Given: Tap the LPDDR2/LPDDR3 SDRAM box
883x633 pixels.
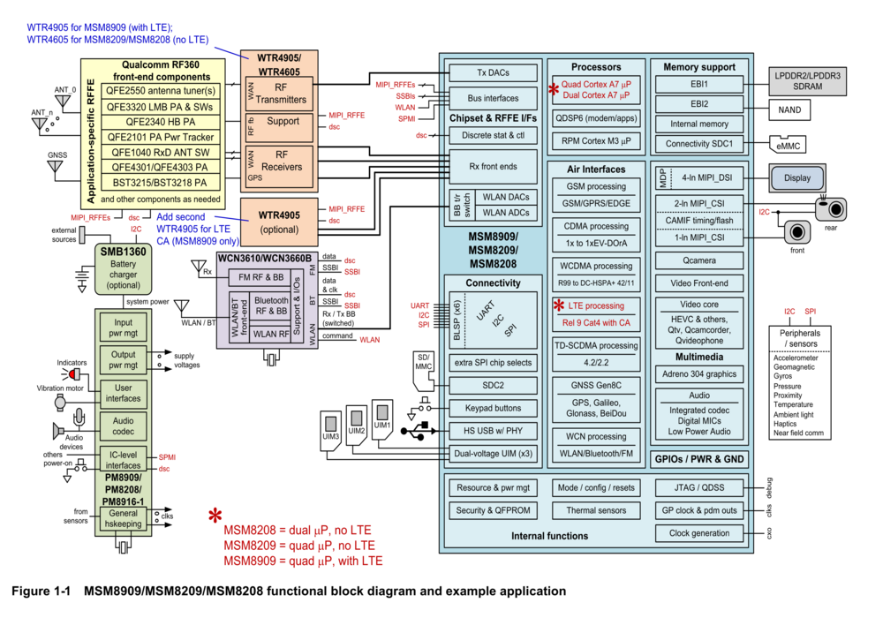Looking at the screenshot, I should [x=808, y=81].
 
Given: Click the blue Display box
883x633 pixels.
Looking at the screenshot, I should [x=796, y=177].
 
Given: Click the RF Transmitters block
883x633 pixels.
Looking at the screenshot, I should [x=280, y=94].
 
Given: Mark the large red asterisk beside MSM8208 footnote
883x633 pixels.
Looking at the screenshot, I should [x=215, y=516].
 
